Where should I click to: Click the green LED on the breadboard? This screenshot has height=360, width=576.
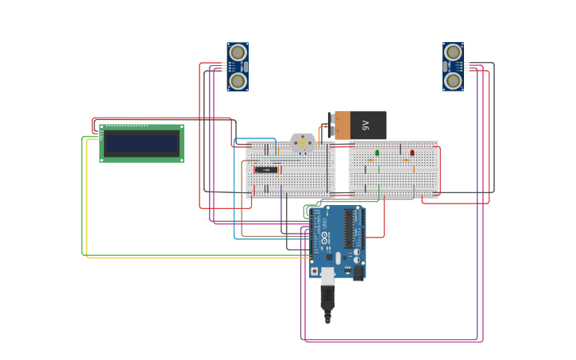(x=377, y=153)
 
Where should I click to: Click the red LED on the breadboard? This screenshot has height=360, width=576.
(x=412, y=153)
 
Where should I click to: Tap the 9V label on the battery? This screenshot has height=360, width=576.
(x=365, y=126)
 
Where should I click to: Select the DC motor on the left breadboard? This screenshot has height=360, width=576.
(x=302, y=142)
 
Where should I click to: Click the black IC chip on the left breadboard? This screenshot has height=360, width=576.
(x=266, y=169)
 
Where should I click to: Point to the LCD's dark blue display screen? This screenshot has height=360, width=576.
(x=141, y=144)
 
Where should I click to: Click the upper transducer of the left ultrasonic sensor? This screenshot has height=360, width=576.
(x=238, y=52)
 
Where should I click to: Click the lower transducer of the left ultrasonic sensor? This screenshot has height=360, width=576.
(x=238, y=80)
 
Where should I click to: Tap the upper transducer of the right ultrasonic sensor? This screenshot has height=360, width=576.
(x=454, y=52)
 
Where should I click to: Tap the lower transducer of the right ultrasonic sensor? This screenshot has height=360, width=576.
(x=454, y=80)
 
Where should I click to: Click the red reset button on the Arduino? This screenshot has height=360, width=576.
(x=315, y=271)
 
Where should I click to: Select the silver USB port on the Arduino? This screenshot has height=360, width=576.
(x=327, y=275)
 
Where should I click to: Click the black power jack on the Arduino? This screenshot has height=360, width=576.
(x=358, y=272)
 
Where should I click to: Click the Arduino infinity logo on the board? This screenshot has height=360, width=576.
(x=325, y=238)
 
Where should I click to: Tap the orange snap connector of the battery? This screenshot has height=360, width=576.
(x=342, y=126)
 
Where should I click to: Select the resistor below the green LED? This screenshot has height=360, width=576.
(x=371, y=161)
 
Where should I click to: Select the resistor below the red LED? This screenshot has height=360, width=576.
(x=406, y=161)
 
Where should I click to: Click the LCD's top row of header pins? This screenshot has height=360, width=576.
(x=127, y=126)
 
